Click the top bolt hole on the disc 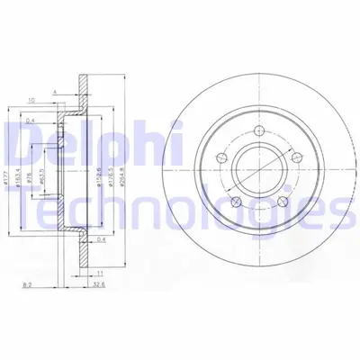pyautogui.click(x=259, y=133)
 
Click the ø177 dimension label pyautogui.click(x=6, y=166)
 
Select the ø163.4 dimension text pyautogui.click(x=17, y=166)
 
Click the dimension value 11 pyautogui.click(x=101, y=271)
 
